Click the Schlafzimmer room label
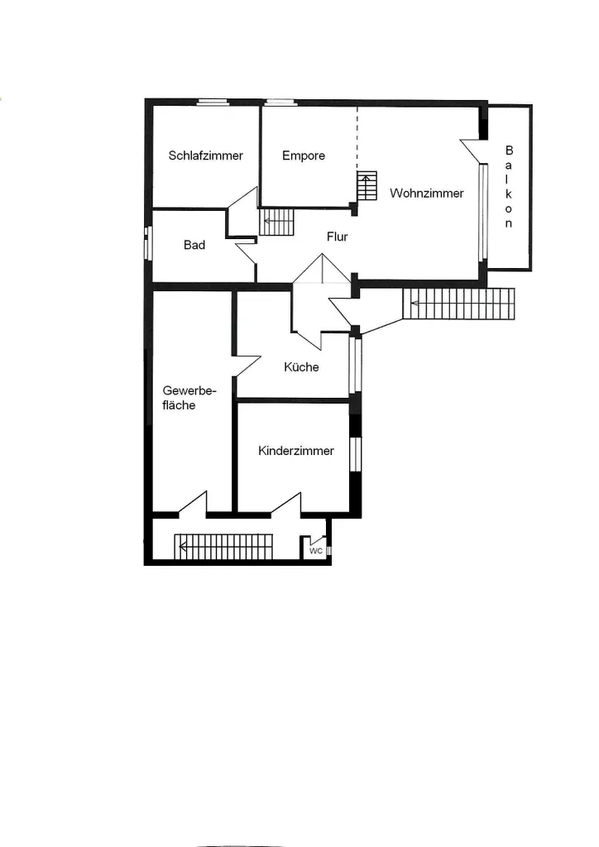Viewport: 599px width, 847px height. coord(206,156)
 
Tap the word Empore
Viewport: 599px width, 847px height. coord(304,156)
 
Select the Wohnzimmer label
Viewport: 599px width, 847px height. coord(427,194)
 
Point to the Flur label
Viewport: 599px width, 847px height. coord(337,237)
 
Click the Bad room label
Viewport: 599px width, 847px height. coord(194,245)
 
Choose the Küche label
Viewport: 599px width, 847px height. coord(301,367)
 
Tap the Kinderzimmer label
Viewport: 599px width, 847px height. coord(296,451)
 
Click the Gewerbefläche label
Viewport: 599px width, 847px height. coord(189,398)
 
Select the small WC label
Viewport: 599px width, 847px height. coord(316,551)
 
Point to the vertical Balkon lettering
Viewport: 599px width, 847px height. coord(509,186)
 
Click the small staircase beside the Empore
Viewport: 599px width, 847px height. coord(367,186)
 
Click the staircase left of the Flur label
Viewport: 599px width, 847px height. coord(277,222)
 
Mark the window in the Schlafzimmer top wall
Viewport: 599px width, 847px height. coord(213,102)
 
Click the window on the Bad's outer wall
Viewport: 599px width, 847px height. coord(149,243)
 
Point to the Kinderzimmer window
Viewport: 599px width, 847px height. coord(354,454)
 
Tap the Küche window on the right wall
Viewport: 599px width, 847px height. coord(354,365)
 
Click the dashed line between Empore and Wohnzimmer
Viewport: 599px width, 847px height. coord(357,138)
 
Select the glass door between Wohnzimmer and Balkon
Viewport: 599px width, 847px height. coord(483,213)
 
